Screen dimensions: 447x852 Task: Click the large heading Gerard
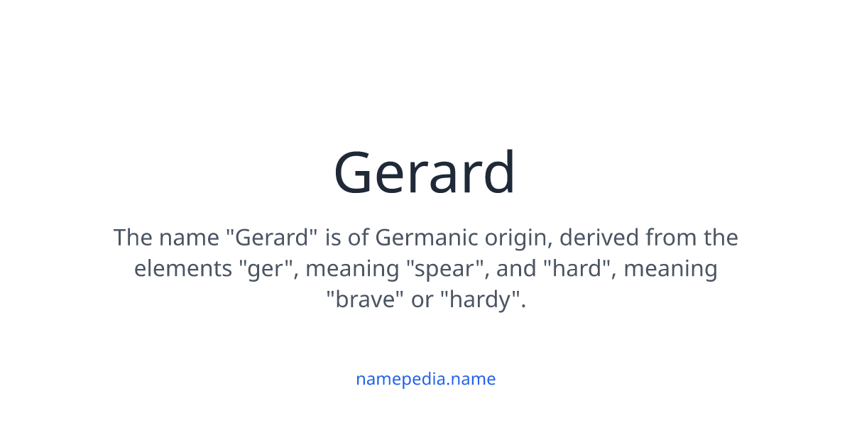pos(425,172)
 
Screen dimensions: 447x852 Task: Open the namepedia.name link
pos(425,379)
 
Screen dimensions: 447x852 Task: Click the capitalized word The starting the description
pos(133,237)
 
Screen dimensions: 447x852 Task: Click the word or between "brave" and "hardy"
pos(422,299)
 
